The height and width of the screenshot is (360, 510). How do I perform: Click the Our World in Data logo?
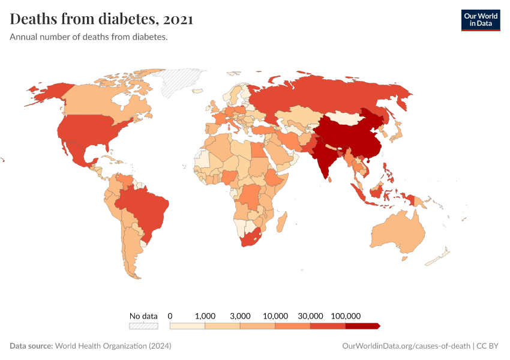coord(480,20)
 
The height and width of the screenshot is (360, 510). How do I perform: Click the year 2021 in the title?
coord(177,20)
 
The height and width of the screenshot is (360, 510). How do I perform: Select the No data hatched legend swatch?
coord(143,326)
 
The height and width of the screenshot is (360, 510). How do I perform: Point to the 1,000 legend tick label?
coord(205,316)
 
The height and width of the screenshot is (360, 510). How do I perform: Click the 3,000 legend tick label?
coord(240,316)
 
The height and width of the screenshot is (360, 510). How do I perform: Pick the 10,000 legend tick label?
coord(275,316)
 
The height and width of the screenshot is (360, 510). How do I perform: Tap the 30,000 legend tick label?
coord(310,316)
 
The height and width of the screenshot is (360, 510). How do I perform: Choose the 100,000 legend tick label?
coord(345,316)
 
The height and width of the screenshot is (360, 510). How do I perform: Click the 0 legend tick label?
coord(170,316)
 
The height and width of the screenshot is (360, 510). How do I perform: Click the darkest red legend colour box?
coord(362,326)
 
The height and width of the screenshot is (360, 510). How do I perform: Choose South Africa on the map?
coord(249,238)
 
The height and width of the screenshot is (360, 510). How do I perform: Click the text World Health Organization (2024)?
coord(113,346)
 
